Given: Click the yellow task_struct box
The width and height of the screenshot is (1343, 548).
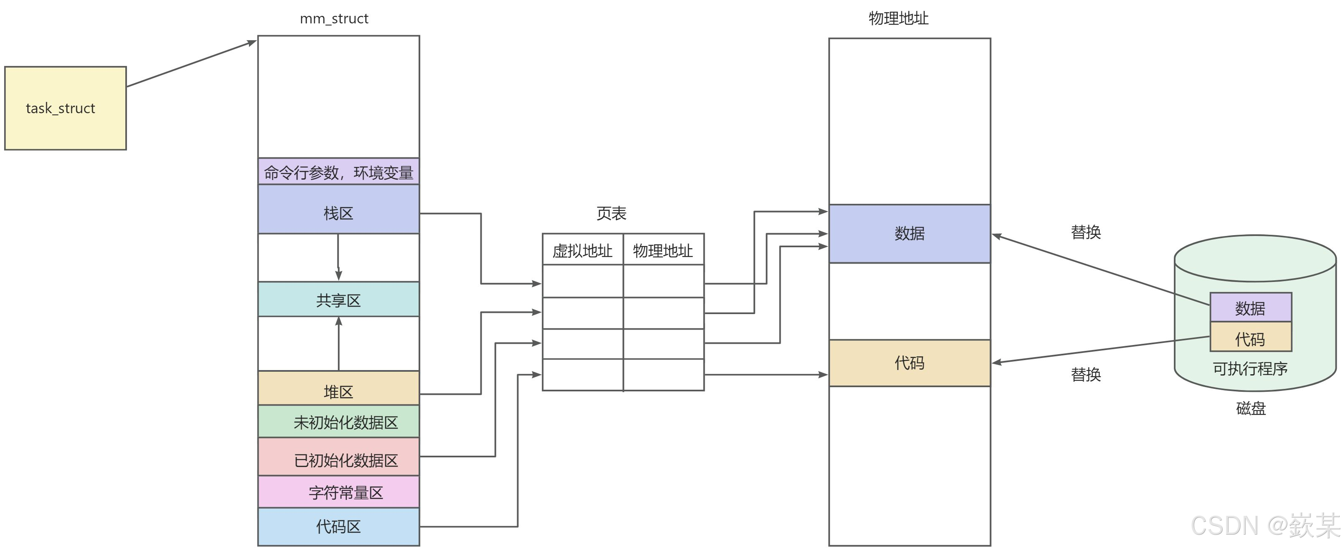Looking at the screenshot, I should tap(65, 108).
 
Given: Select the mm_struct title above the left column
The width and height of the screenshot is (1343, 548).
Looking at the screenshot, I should tap(334, 19).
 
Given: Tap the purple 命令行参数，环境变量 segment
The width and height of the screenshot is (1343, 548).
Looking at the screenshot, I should tap(338, 172).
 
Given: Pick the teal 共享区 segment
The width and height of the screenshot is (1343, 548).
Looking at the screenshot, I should tap(338, 299).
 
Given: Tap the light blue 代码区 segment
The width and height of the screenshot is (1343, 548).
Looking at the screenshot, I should tap(338, 527).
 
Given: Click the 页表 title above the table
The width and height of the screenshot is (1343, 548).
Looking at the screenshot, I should tap(611, 213).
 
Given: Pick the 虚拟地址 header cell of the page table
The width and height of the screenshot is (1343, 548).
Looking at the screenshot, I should tap(582, 250).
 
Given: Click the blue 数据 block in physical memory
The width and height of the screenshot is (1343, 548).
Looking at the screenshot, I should tap(909, 233).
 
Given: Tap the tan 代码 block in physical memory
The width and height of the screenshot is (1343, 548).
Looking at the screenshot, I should tap(909, 363).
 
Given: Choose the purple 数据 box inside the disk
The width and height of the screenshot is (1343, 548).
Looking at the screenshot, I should tap(1250, 308).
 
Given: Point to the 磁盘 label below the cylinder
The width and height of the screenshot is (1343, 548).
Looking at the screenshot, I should tap(1250, 408).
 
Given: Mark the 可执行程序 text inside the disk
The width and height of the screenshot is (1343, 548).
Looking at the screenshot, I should tap(1250, 369).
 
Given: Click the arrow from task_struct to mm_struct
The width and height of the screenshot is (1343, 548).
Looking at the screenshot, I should tap(191, 63).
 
